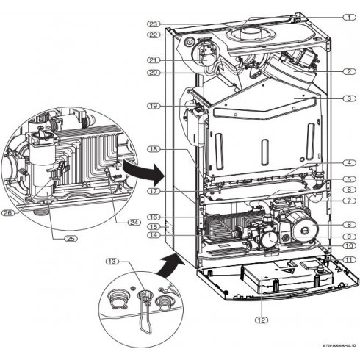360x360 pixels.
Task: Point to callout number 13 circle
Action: (112, 261)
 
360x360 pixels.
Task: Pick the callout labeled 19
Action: (154, 107)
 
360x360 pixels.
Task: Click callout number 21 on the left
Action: (154, 60)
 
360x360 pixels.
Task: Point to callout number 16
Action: (154, 218)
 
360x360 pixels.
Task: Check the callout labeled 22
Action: (154, 35)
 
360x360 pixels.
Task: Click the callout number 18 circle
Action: (154, 148)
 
